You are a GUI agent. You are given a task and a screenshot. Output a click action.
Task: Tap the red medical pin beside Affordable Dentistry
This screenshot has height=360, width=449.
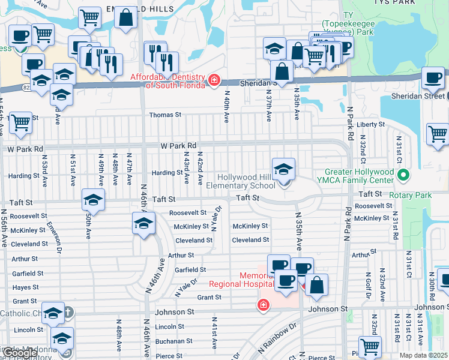[x=214, y=80]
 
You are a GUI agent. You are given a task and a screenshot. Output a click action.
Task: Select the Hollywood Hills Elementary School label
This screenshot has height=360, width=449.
[x=247, y=181]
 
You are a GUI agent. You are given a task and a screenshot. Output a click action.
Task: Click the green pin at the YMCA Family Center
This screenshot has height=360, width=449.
[x=404, y=176]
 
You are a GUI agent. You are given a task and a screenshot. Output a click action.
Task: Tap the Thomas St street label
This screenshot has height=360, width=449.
[x=165, y=115]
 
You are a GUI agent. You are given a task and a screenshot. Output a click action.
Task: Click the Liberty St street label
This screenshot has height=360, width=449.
[x=370, y=124]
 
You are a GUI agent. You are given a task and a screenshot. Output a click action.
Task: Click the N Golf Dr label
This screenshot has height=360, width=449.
[x=367, y=287]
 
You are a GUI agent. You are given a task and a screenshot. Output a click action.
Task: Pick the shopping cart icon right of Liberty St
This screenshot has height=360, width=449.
[x=438, y=134]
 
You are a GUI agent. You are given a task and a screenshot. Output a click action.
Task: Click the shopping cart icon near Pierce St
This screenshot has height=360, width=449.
[x=370, y=346]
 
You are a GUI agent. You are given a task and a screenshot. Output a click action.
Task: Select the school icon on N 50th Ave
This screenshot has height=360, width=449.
[x=93, y=199]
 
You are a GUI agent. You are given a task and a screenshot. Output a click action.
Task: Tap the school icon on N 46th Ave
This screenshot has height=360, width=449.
[x=143, y=223]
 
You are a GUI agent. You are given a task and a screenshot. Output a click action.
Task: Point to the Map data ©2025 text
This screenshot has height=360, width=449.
[x=423, y=355]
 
